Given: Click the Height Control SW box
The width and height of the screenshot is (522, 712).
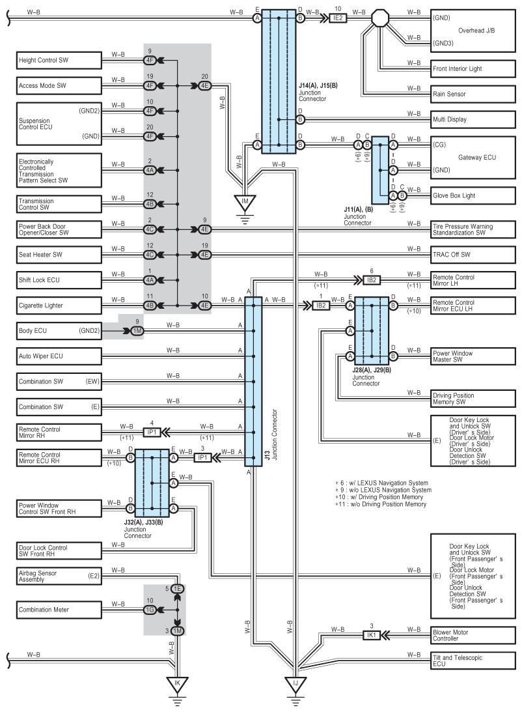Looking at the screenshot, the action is [x=59, y=60].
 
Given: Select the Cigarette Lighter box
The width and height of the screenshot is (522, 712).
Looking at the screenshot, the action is [x=59, y=305].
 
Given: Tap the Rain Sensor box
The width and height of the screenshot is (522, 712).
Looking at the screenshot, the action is [x=473, y=94].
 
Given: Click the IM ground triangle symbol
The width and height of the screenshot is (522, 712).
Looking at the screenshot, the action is [x=245, y=202].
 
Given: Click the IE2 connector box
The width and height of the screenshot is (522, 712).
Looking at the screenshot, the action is [x=338, y=18].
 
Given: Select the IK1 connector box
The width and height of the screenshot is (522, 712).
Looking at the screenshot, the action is [x=372, y=634].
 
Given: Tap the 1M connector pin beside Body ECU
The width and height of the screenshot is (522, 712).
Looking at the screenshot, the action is [x=137, y=331].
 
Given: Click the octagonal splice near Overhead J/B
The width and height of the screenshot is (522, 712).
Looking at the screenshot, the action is [x=380, y=18].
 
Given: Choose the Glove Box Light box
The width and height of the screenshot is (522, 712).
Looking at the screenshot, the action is [x=473, y=195].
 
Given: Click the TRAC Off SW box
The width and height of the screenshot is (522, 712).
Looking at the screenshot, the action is [x=473, y=255].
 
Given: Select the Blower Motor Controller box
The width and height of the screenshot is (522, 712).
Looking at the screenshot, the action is [x=473, y=635].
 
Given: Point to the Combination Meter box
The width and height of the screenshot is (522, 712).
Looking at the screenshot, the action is [x=59, y=610].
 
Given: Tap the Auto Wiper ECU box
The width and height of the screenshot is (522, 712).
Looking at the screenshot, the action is [x=59, y=356].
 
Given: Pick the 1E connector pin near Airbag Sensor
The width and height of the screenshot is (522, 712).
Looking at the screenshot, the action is [x=177, y=589].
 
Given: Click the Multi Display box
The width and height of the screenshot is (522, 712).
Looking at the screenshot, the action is [x=473, y=119].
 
